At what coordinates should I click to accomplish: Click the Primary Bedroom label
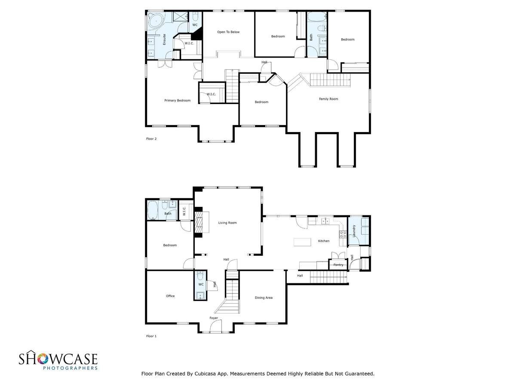(x=177, y=101)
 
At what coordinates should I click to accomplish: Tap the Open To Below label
(x=228, y=32)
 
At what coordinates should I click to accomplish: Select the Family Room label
(x=329, y=99)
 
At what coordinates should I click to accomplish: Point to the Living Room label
(x=227, y=223)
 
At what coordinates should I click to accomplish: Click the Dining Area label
(x=264, y=298)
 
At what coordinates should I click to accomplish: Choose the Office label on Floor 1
(x=170, y=296)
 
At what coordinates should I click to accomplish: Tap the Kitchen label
(x=324, y=241)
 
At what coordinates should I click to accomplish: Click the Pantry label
(x=338, y=265)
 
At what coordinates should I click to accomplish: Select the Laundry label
(x=354, y=231)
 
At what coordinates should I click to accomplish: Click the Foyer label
(x=214, y=318)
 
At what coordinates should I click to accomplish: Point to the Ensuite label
(x=164, y=40)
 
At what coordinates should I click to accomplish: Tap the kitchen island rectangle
(x=302, y=242)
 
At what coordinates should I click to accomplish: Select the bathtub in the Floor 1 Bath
(x=153, y=210)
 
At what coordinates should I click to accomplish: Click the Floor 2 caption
(x=151, y=139)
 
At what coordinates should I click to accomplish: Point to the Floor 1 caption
(x=151, y=336)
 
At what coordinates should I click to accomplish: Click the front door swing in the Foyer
(x=216, y=327)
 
